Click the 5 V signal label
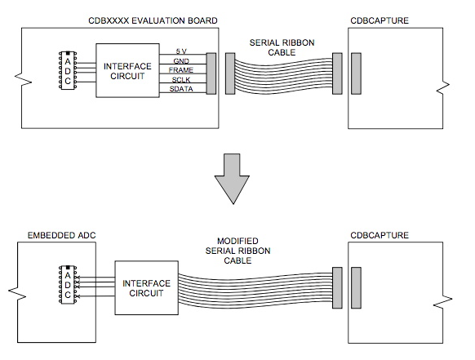(180, 51)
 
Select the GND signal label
(180, 61)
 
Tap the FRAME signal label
(180, 71)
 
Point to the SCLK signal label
(180, 81)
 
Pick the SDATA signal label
(180, 91)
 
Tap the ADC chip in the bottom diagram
(67, 286)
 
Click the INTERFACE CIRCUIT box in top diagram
(126, 71)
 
